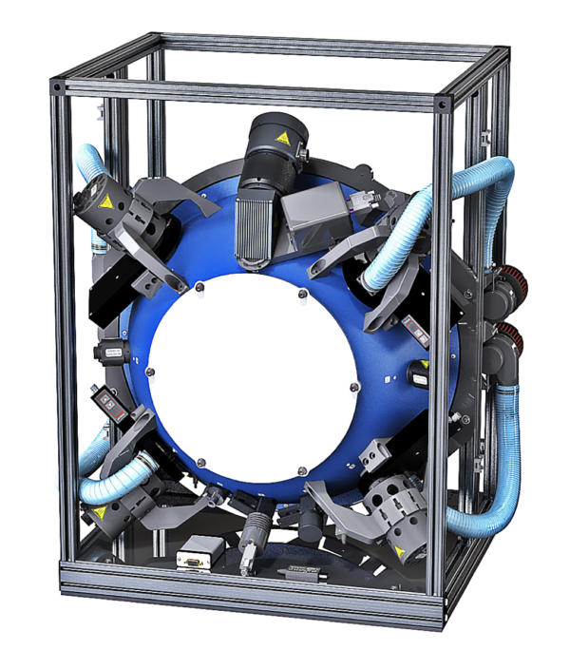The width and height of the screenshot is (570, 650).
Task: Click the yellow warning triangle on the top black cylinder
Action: pyautogui.click(x=281, y=139)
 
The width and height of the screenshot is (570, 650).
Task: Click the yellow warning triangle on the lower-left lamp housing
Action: pyautogui.click(x=99, y=513)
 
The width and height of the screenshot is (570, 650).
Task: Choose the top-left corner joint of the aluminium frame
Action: pyautogui.click(x=59, y=86)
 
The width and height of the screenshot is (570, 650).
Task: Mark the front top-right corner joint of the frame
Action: pyautogui.click(x=444, y=104)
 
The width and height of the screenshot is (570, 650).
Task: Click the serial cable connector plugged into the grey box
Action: pyautogui.click(x=361, y=201)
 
